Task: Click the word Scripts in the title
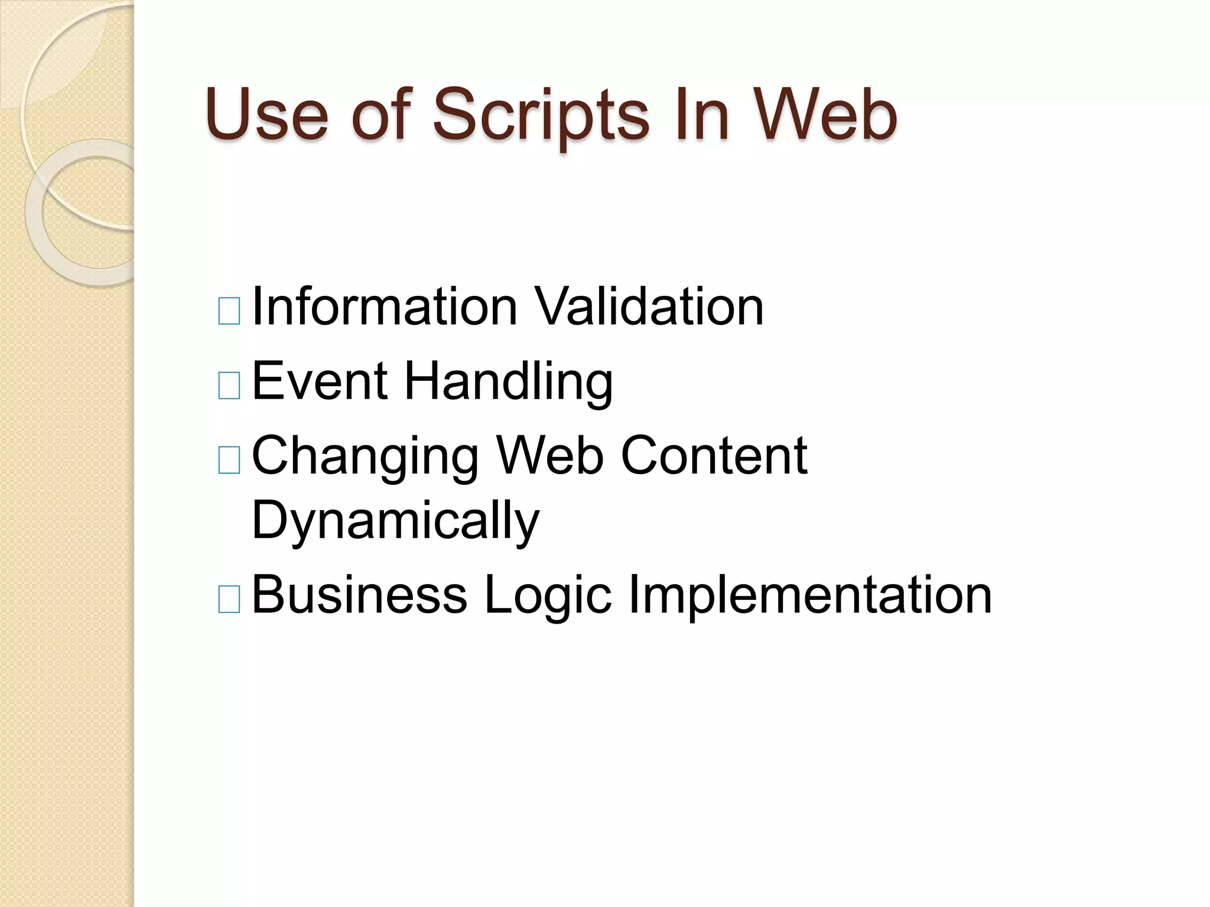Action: click(540, 116)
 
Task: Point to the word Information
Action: click(385, 306)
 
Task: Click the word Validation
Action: click(648, 306)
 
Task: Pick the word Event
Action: click(320, 381)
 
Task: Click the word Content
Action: click(714, 455)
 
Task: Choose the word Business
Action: click(359, 595)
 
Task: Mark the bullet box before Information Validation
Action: click(229, 311)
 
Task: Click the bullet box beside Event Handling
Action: click(229, 386)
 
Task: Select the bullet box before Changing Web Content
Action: click(229, 460)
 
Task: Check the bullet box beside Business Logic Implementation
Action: click(229, 599)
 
